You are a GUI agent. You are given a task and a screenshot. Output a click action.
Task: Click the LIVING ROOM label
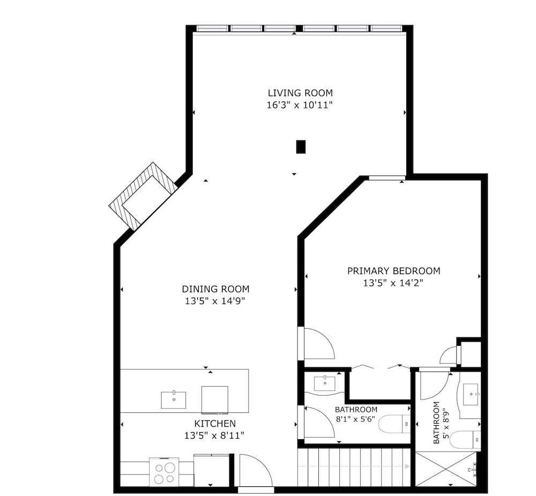300,93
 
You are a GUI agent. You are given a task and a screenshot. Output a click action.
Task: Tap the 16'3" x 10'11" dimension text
300,105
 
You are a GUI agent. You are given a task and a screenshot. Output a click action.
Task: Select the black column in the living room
301,147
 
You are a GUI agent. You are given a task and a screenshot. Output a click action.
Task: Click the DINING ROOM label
215,289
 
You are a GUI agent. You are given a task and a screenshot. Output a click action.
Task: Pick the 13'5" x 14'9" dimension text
215,301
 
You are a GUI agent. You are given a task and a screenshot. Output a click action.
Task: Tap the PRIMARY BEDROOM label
394,271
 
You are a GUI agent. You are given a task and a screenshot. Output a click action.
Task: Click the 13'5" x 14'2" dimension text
393,283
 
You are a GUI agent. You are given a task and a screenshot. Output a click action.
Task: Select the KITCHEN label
215,424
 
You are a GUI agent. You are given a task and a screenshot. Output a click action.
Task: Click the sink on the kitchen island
174,400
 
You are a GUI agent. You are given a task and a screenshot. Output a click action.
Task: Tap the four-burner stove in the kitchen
164,472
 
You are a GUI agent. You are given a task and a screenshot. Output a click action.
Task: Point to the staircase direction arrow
354,467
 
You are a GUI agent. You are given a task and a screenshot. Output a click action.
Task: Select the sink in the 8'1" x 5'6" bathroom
325,383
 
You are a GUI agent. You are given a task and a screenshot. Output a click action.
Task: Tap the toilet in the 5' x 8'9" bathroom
465,440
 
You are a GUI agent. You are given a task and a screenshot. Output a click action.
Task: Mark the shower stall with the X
445,469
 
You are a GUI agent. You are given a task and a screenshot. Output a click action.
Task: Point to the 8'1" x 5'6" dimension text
355,419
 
